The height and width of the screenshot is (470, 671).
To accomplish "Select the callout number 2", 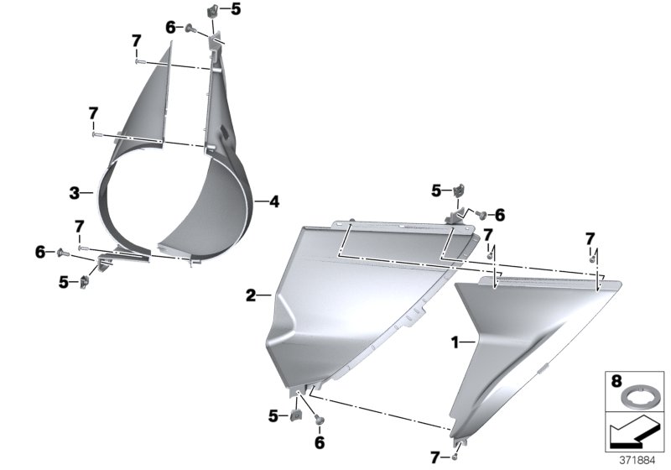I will (250, 295).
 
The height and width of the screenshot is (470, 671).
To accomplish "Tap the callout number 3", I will (74, 193).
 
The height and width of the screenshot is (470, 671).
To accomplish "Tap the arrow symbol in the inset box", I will (634, 433).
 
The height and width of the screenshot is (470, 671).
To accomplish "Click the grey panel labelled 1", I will (528, 344).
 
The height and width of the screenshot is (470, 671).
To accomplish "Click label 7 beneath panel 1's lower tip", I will (434, 457).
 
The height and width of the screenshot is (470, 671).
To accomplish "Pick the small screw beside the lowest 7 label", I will (454, 457).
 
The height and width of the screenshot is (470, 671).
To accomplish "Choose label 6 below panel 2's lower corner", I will (319, 441).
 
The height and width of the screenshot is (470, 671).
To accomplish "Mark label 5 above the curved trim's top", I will (235, 10).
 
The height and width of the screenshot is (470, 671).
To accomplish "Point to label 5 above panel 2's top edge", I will (436, 191).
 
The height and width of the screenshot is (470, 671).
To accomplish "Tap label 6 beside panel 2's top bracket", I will (500, 214).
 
